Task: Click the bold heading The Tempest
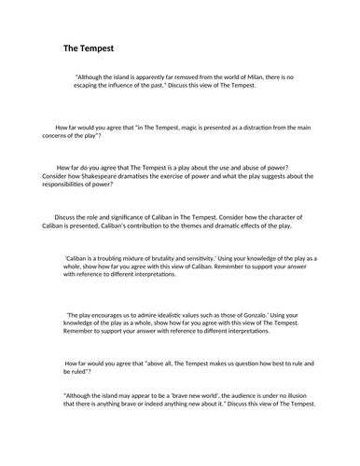coord(89,48)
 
